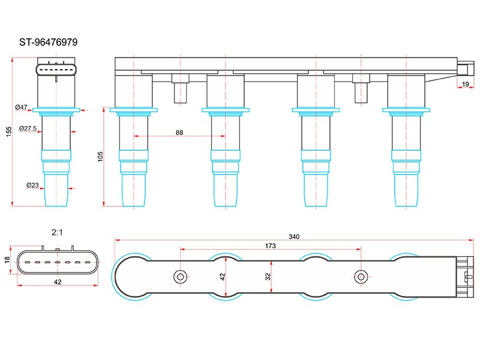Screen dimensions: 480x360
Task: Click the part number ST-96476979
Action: click(49, 42)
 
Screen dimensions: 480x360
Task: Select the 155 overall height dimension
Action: click(8, 131)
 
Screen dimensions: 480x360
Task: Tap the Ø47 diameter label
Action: click(22, 107)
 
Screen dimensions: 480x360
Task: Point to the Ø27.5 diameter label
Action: click(28, 128)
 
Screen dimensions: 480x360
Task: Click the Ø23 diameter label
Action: click(32, 185)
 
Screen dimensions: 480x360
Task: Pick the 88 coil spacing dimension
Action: click(179, 133)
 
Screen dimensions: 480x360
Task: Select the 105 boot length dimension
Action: click(100, 157)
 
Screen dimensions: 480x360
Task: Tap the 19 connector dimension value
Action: click(466, 84)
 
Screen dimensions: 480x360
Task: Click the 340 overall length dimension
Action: click(294, 236)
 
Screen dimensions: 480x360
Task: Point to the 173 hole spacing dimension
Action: click(271, 246)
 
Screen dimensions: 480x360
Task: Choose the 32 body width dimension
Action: click(268, 277)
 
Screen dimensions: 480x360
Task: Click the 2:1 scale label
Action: click(57, 232)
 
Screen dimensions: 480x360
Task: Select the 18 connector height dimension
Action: click(7, 260)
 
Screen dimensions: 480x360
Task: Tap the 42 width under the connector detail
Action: click(58, 282)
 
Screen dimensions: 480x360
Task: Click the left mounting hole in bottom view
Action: click(181, 277)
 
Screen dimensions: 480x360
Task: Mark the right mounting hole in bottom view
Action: click(361, 277)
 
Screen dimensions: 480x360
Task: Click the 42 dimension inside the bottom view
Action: click(223, 277)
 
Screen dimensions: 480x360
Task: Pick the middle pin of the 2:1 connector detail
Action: click(57, 262)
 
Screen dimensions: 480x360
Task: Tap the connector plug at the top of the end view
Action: click(56, 70)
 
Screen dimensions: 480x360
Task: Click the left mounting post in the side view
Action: click(181, 88)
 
